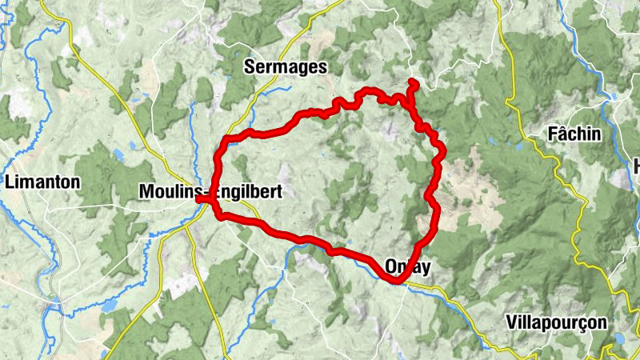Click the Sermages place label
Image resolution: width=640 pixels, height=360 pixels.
[x=285, y=68]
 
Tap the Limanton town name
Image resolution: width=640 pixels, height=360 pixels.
[x=42, y=182]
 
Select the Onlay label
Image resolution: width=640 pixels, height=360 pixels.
[x=407, y=267]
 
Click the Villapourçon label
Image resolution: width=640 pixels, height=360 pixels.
[x=557, y=322]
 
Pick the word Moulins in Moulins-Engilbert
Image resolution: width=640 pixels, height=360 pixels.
[x=165, y=192]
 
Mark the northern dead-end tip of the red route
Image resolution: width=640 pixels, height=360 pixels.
[x=413, y=82]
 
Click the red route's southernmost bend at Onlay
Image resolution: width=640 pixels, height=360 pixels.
[x=397, y=280]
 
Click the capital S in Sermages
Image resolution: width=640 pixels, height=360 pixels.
[x=247, y=68]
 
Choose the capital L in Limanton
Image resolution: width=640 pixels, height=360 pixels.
[x=9, y=182]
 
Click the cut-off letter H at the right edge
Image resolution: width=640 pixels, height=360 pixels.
[x=637, y=166]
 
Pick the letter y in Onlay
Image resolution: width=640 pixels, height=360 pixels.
[x=426, y=269]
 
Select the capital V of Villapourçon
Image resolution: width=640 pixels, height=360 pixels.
[x=512, y=322]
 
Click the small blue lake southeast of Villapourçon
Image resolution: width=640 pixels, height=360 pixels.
[x=617, y=339]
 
